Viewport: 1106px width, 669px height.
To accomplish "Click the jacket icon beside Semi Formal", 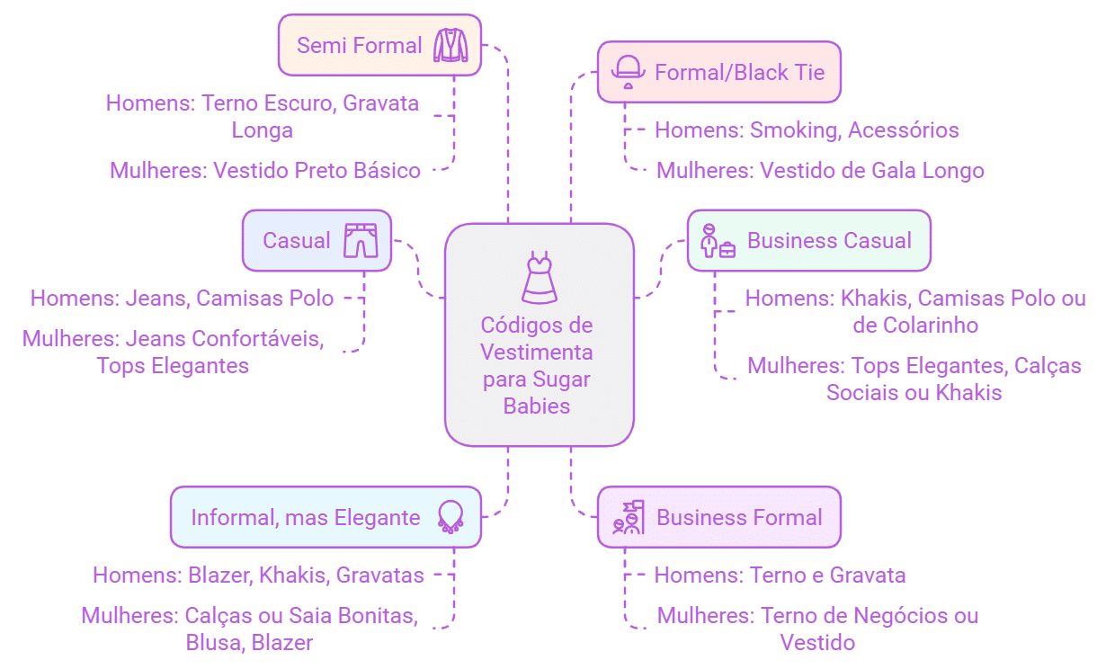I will pos(450,45).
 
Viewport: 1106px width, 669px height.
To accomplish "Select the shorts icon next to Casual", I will pos(361,240).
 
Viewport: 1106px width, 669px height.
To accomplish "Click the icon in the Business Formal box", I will pos(628,517).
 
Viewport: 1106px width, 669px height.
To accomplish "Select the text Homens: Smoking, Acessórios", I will pos(806,129).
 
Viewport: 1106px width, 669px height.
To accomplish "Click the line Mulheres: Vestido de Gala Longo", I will pos(820,170).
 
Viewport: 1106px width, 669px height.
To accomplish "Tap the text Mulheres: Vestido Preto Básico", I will pos(265,170).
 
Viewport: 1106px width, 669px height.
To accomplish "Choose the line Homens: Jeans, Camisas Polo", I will pos(183,298).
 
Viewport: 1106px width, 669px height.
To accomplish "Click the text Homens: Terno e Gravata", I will pos(779,575).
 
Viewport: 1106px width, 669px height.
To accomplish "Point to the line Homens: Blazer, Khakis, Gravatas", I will pos(258,575).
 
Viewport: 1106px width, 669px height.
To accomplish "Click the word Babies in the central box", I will pos(537,406).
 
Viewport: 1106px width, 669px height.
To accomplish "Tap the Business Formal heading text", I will pos(739,517).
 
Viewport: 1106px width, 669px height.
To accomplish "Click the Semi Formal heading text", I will pos(360,45).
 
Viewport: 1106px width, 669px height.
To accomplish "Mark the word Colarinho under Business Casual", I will pos(915,325).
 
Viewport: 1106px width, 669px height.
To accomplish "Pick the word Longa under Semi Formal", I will pos(263,129).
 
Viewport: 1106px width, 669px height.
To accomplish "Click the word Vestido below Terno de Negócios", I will pos(817,642).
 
